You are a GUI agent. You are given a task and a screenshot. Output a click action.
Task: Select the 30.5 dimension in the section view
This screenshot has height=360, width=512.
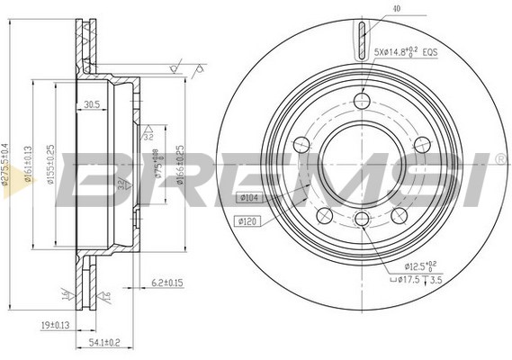(x=91, y=103)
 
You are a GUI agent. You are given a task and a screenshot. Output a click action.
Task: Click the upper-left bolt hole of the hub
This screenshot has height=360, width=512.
(x=303, y=142)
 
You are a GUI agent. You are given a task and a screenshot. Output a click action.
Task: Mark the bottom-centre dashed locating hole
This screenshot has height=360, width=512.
(x=362, y=220)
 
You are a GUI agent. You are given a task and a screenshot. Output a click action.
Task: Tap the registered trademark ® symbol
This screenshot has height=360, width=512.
(x=500, y=158)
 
